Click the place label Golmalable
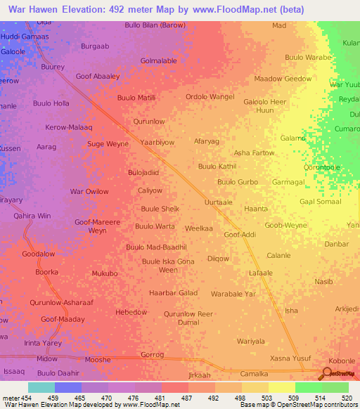(x=159, y=61)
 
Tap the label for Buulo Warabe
(x=308, y=57)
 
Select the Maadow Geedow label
(x=283, y=79)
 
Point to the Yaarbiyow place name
(x=157, y=142)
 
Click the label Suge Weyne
(x=108, y=144)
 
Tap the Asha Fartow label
(x=254, y=152)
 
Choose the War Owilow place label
(x=89, y=192)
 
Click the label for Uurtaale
(x=217, y=202)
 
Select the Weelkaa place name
(x=198, y=228)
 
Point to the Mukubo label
(x=105, y=273)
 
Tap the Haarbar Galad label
(x=173, y=292)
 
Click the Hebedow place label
(x=131, y=312)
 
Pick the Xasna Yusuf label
(x=290, y=358)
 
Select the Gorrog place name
(x=152, y=356)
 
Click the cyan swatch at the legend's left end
(x=41, y=387)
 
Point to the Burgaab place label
(x=95, y=46)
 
